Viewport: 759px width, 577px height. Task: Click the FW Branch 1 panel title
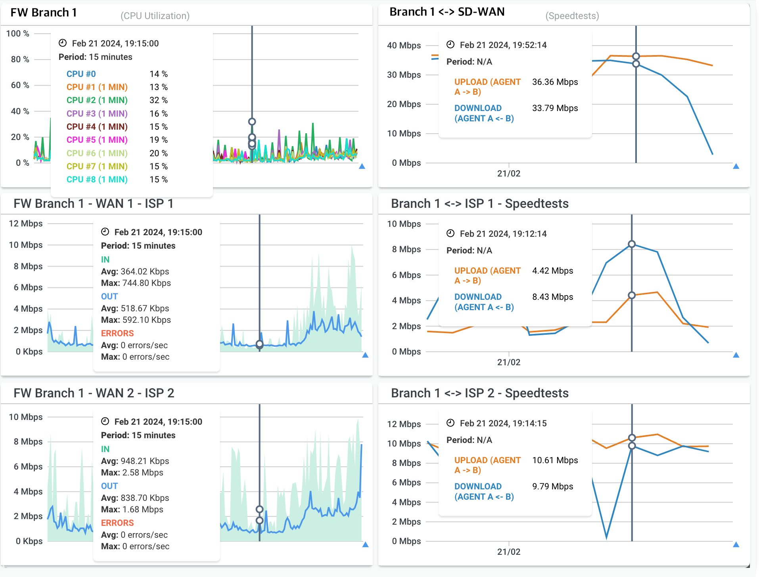click(44, 13)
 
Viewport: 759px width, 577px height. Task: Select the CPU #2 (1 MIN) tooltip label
click(97, 100)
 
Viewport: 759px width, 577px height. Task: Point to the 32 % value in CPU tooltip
click(158, 100)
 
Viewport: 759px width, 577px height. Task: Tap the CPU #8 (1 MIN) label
click(97, 180)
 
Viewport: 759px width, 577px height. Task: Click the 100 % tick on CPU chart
click(18, 34)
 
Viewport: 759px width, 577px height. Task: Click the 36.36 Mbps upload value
click(555, 82)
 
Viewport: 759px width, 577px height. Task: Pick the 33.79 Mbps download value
click(555, 108)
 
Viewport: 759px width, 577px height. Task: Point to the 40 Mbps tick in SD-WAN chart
click(404, 46)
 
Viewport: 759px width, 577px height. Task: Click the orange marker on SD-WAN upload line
click(636, 56)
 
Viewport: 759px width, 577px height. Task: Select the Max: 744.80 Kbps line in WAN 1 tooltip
click(136, 283)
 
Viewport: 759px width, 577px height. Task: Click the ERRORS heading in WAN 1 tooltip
click(117, 334)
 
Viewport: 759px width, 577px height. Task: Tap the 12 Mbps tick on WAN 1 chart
click(26, 224)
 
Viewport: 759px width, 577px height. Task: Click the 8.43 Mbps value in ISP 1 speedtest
click(552, 297)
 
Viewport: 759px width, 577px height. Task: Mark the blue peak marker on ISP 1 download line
click(632, 244)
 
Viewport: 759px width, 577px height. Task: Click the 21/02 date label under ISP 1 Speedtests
click(509, 362)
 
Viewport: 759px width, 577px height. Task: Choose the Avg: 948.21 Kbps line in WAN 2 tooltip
click(135, 461)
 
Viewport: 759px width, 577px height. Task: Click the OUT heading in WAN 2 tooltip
click(109, 486)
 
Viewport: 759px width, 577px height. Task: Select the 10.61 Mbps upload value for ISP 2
click(555, 460)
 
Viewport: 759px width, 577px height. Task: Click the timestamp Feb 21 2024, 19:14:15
click(503, 424)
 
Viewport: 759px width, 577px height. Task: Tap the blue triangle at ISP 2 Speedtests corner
click(736, 545)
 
